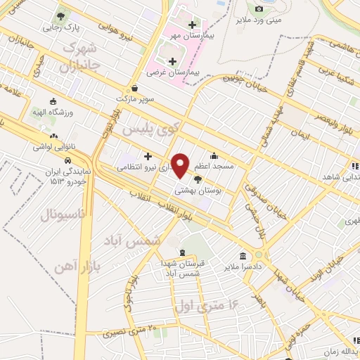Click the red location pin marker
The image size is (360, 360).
click(x=181, y=165)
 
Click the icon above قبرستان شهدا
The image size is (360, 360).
click(x=183, y=252)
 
